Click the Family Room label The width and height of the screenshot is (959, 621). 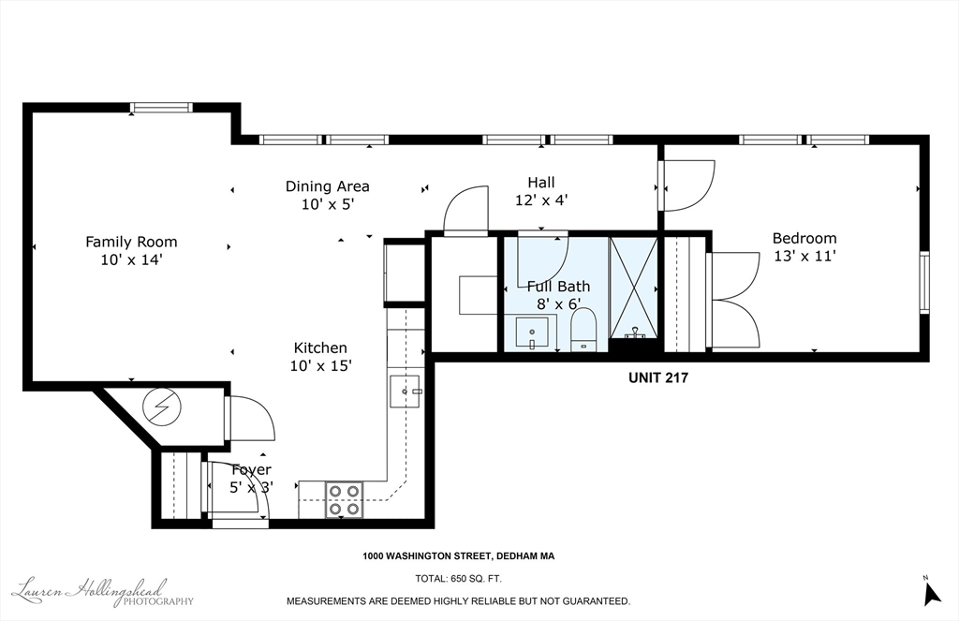click(x=131, y=242)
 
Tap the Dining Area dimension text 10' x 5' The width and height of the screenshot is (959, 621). click(x=328, y=204)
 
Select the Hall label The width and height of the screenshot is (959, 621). click(x=541, y=183)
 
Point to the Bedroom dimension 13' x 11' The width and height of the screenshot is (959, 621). click(x=804, y=256)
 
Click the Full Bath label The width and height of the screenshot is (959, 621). click(x=558, y=287)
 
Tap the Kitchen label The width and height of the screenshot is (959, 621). click(x=320, y=347)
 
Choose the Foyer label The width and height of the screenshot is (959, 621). click(x=251, y=470)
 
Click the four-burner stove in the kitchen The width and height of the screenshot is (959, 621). click(x=345, y=500)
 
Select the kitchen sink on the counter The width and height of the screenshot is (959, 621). click(x=405, y=392)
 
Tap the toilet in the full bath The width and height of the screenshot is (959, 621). click(x=583, y=330)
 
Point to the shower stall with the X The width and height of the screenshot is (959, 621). click(x=634, y=287)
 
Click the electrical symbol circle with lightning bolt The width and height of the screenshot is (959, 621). click(x=162, y=407)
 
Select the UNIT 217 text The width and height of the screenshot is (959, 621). click(x=658, y=377)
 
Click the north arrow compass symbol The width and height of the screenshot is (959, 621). click(x=932, y=592)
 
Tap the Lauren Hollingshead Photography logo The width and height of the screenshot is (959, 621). click(x=103, y=592)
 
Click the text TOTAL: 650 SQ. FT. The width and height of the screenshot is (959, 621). click(x=458, y=578)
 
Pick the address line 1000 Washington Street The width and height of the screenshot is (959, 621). click(x=459, y=556)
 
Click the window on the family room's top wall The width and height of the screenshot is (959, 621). click(x=161, y=109)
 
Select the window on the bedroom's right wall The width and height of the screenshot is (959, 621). click(x=924, y=283)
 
